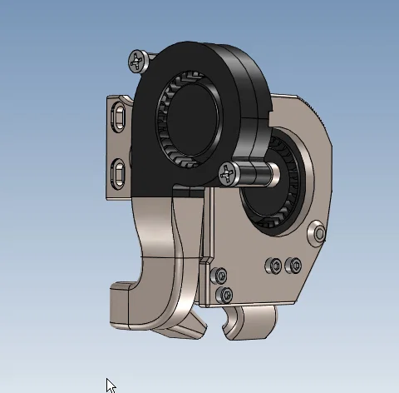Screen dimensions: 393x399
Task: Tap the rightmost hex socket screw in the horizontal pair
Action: (x=292, y=265)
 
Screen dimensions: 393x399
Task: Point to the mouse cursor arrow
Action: (x=111, y=385)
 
